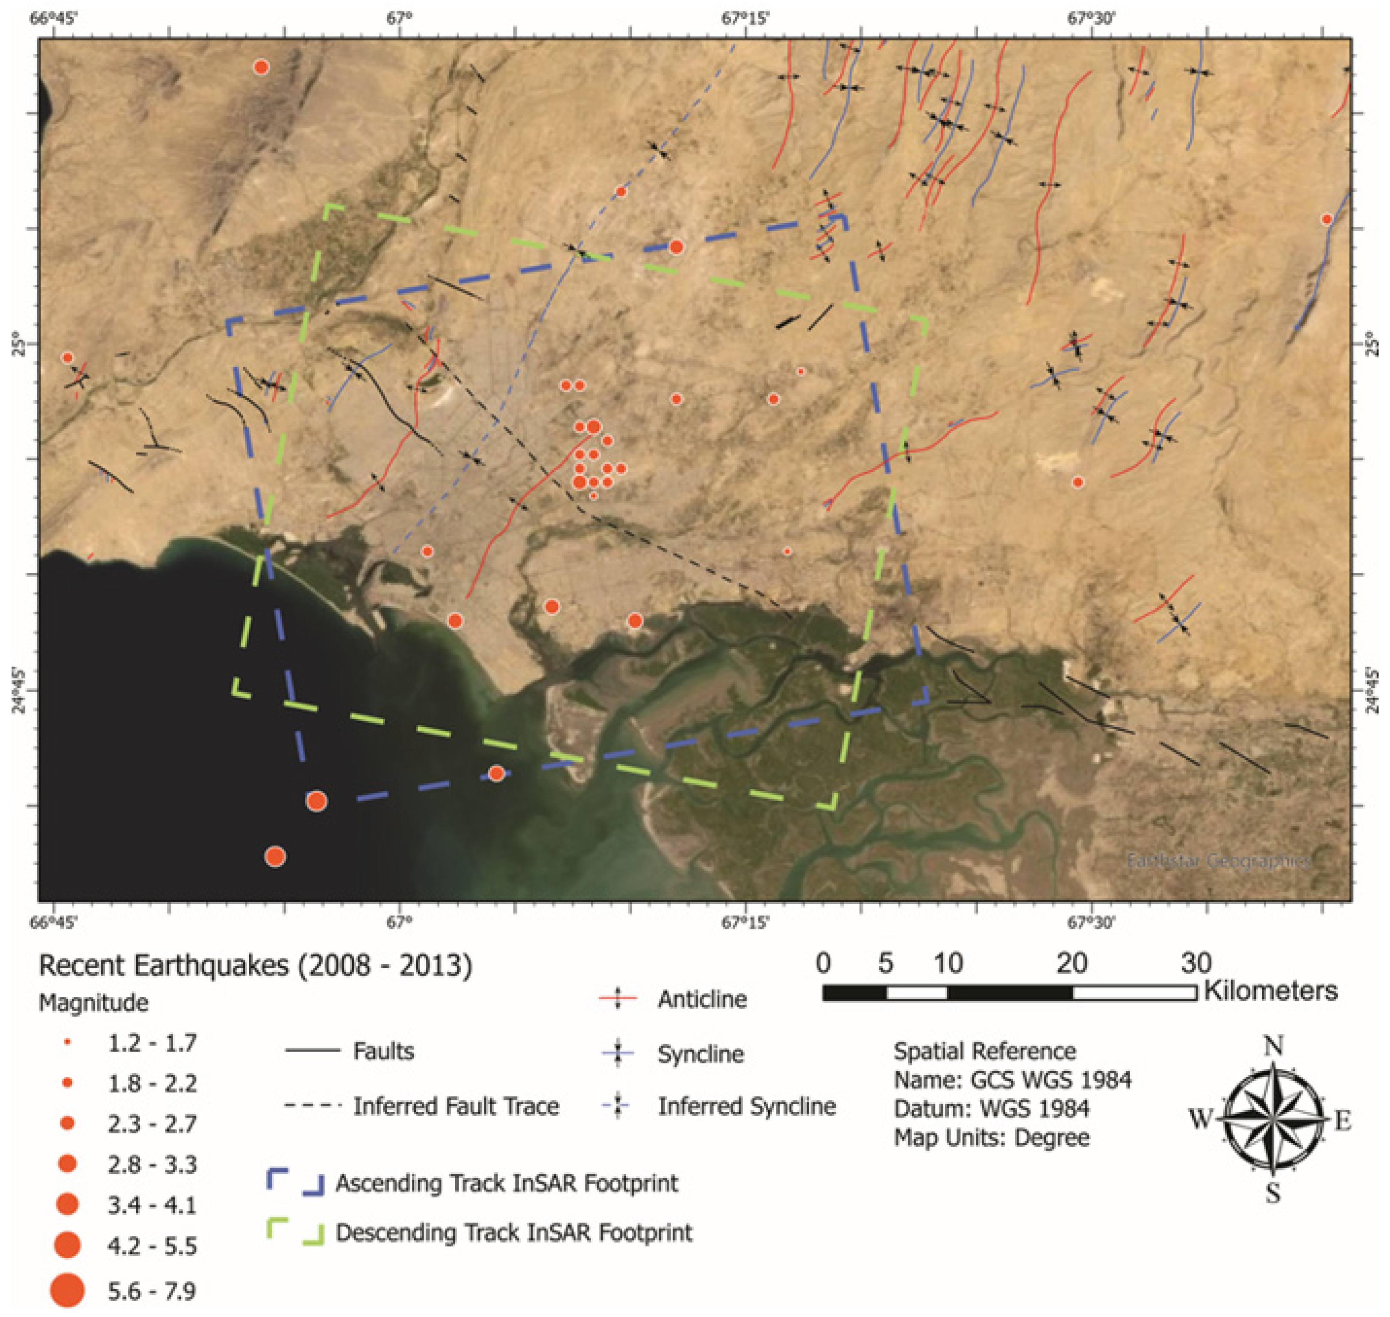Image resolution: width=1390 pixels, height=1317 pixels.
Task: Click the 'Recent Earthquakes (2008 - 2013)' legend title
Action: [x=255, y=966]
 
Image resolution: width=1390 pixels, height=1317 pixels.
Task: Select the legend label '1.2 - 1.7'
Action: [x=152, y=1043]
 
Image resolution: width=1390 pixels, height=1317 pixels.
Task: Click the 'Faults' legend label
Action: [x=383, y=1051]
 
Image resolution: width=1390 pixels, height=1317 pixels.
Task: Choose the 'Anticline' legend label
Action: [x=702, y=999]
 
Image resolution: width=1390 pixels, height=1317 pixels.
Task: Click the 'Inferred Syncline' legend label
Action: [x=746, y=1106]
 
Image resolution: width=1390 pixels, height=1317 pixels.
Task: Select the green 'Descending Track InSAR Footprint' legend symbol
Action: [x=295, y=1233]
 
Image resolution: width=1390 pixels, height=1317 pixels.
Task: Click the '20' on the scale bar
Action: [x=1072, y=963]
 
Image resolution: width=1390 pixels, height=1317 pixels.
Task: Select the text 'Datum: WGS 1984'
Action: [x=991, y=1108]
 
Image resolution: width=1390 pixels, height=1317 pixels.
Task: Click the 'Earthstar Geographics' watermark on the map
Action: [x=1218, y=861]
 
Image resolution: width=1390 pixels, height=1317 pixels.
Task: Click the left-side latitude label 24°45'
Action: [x=18, y=691]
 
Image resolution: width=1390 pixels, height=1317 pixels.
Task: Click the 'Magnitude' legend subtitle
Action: [x=93, y=1002]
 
